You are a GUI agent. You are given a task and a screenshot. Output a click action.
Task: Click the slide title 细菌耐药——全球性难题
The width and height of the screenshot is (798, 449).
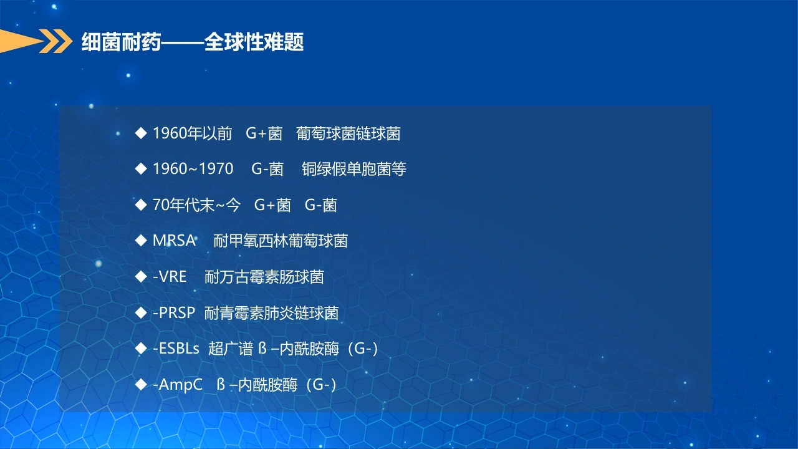[193, 42]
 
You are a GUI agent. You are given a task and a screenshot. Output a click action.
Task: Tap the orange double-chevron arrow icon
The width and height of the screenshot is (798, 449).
[55, 41]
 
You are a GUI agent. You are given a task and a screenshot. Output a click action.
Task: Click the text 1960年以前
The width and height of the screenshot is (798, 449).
[193, 133]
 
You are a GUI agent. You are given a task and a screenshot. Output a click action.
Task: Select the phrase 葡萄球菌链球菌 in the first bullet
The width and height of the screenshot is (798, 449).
[348, 133]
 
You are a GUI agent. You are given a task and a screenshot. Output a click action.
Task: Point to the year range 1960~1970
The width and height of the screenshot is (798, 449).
[193, 169]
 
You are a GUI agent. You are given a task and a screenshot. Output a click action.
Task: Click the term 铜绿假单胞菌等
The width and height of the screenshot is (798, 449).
[353, 169]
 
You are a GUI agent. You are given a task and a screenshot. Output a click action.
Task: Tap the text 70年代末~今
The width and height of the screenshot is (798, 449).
[196, 205]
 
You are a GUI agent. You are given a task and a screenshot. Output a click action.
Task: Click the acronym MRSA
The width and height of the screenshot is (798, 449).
[174, 241]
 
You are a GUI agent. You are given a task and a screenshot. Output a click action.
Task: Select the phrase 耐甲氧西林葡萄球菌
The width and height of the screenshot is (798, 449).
[281, 241]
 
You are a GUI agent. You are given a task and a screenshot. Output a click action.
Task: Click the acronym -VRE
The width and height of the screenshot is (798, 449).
[170, 276]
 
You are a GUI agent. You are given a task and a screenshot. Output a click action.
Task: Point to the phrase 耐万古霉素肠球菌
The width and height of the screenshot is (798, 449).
[264, 277]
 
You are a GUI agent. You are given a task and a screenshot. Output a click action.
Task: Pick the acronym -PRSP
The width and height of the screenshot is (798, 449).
[174, 313]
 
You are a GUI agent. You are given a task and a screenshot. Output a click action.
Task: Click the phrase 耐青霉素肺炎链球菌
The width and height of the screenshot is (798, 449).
[271, 313]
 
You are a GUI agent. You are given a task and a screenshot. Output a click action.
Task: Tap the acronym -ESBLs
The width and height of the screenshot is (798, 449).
[176, 349]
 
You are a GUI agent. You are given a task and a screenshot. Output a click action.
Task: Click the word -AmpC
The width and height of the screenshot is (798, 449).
[178, 385]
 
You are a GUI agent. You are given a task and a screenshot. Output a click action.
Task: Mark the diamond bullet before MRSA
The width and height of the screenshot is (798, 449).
[141, 241]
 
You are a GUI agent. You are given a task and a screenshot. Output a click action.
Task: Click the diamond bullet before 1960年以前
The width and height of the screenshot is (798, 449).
[141, 133]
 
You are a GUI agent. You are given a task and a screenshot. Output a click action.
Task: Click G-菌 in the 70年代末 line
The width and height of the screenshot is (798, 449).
[320, 205]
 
